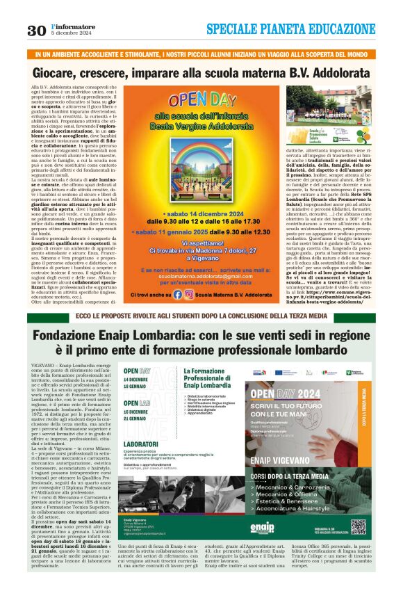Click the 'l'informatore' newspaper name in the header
point(66,26)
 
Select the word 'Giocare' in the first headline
point(62,72)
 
